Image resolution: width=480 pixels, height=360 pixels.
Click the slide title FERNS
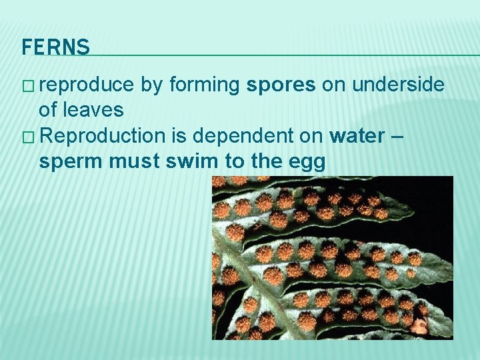(55, 47)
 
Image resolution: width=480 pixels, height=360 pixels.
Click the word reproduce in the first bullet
(86, 85)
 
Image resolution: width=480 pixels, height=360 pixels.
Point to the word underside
(398, 85)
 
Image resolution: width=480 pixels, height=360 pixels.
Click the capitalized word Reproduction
(106, 136)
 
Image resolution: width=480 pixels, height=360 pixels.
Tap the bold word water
(357, 136)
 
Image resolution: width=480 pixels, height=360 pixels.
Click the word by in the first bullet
(151, 85)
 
